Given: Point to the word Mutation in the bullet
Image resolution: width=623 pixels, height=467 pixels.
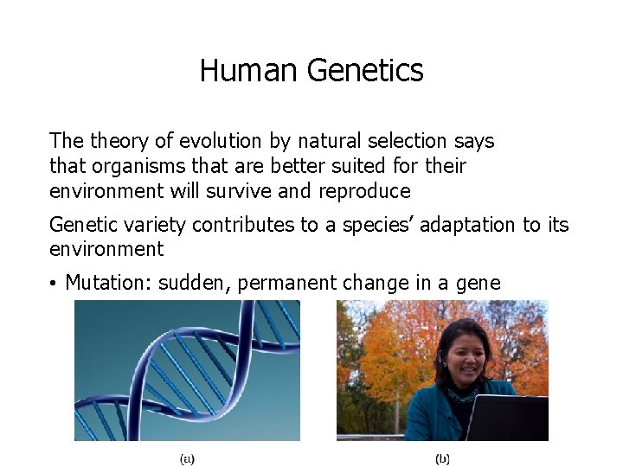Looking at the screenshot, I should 107,283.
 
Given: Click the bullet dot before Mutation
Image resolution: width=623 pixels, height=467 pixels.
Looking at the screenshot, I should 54,285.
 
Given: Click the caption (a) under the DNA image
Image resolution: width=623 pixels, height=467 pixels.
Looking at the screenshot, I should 187,458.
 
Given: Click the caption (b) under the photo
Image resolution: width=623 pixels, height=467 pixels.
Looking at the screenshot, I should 442,458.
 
